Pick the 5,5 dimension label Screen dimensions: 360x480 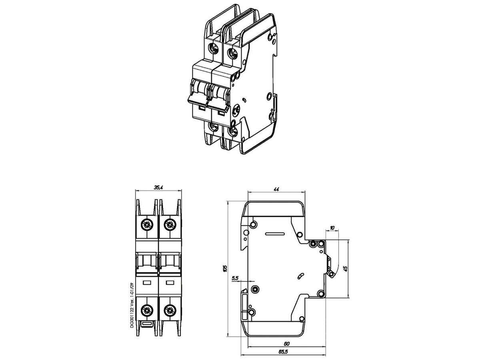click(x=235, y=278)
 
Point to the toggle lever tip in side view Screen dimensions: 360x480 click(x=331, y=274)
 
